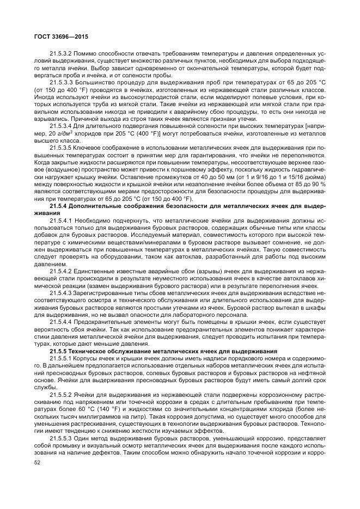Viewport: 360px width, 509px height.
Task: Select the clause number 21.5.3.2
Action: coord(62,54)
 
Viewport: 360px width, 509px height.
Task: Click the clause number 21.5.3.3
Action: coord(62,82)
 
